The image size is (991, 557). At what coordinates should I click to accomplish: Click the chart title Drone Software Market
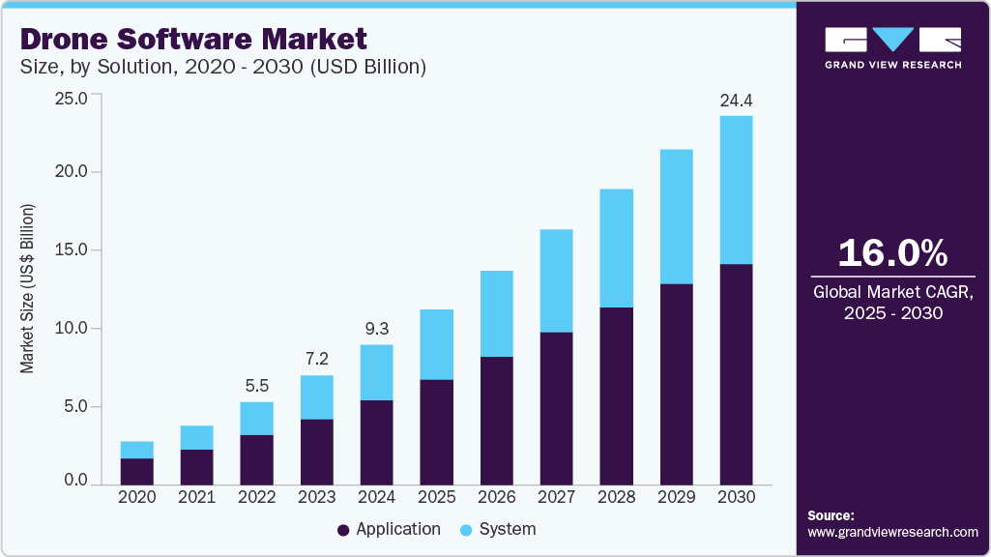coord(193,39)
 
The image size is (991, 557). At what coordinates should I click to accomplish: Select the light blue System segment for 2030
coord(736,190)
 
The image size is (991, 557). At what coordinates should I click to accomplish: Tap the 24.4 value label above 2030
coord(736,100)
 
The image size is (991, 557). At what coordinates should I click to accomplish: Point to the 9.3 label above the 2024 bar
coord(376,328)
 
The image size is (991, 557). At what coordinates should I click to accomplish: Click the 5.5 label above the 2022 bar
coord(256,385)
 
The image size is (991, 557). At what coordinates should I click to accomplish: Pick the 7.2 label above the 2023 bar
coord(316,359)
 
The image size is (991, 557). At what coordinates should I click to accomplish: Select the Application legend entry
coord(389,529)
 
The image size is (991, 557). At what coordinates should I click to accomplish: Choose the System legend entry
coord(497,529)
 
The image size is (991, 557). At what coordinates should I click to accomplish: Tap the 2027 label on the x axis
coord(556,496)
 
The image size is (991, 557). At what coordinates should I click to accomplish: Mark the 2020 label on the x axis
coord(136,496)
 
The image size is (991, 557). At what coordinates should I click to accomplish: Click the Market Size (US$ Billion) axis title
coord(28,289)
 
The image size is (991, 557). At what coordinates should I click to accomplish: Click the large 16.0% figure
coord(892,253)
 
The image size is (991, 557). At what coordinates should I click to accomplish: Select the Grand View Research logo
coord(892,46)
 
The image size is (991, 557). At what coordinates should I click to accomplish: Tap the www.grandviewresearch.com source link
coord(892,532)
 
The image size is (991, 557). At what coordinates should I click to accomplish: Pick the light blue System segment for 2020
coord(136,450)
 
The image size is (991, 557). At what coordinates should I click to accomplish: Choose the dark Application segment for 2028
coord(616,396)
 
